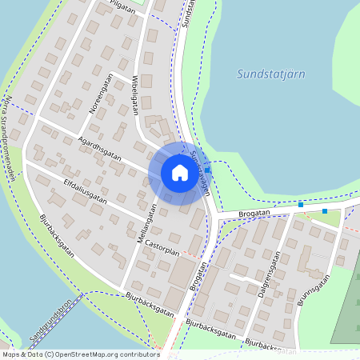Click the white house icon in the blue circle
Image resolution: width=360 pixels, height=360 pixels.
click(180, 173)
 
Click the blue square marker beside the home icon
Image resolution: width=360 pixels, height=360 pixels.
click(208, 169)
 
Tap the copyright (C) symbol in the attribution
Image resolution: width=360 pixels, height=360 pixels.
click(50, 354)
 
